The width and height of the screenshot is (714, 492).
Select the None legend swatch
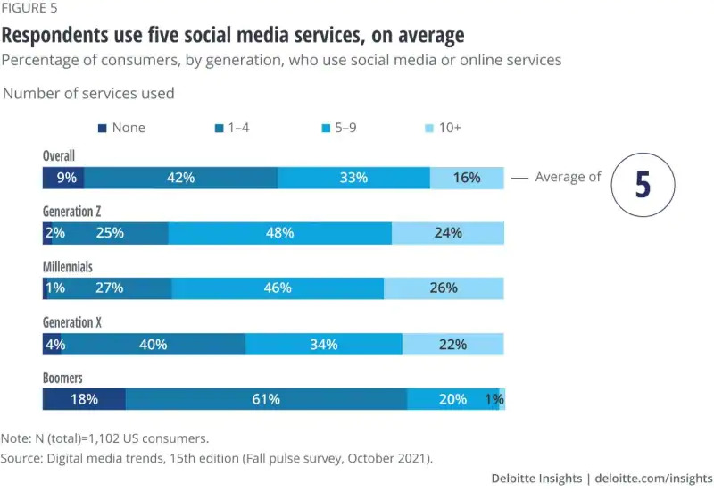(x=102, y=128)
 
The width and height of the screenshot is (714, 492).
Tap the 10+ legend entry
(x=441, y=128)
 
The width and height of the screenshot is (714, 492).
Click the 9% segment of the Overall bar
(x=64, y=178)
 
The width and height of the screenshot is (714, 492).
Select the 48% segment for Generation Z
(x=279, y=233)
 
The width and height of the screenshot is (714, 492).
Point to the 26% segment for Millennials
(x=443, y=288)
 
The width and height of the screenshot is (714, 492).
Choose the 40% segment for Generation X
(x=154, y=345)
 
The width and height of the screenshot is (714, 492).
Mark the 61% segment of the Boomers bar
(x=266, y=399)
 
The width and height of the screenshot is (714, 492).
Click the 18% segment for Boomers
(x=84, y=399)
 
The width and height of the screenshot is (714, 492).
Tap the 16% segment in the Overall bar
(x=466, y=178)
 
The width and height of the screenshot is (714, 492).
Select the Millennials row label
(x=68, y=267)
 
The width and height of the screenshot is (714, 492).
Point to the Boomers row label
(x=62, y=378)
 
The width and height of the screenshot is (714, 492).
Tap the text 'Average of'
(x=568, y=177)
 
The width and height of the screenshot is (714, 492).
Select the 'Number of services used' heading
(x=89, y=93)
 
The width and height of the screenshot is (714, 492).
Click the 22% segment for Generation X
(x=452, y=345)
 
